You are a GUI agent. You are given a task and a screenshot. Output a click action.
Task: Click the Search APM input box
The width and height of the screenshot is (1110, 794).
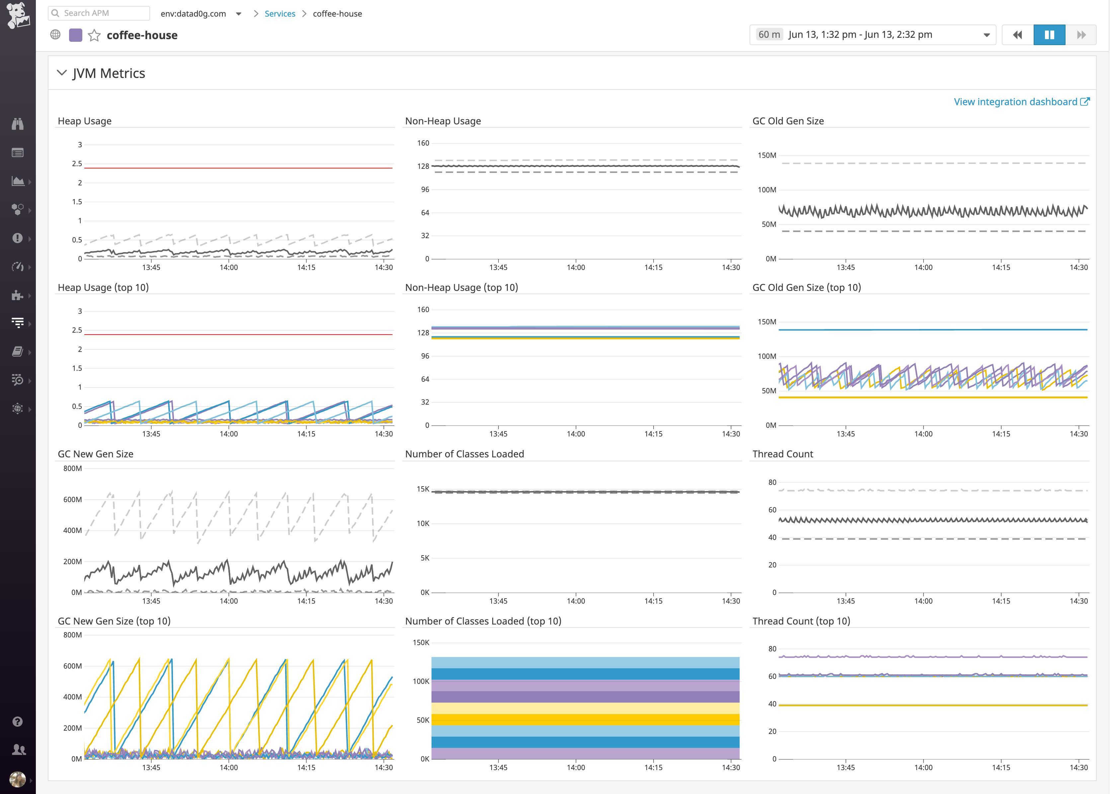click(x=99, y=13)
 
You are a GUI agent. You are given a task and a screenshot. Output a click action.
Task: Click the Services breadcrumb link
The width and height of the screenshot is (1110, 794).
click(x=280, y=14)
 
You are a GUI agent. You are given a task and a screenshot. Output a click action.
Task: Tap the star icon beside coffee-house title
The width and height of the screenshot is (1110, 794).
click(x=94, y=35)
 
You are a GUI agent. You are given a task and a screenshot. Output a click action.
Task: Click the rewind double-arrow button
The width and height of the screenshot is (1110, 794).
click(x=1017, y=35)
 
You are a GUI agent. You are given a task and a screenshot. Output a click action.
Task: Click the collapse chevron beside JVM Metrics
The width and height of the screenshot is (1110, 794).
click(x=62, y=73)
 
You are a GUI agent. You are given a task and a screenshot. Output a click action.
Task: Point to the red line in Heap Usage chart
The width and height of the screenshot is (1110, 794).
click(x=238, y=168)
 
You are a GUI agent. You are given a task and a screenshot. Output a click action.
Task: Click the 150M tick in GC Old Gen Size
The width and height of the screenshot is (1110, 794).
click(x=766, y=156)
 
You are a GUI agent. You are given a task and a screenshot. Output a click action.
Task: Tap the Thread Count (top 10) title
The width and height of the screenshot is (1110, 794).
click(x=801, y=621)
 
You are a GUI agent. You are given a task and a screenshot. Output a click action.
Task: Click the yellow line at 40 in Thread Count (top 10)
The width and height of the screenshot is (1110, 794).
click(x=932, y=705)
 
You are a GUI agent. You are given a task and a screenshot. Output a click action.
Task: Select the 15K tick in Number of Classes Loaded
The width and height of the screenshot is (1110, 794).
click(x=423, y=489)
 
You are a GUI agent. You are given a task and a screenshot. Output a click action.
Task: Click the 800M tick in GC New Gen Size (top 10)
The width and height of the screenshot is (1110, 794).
click(x=72, y=634)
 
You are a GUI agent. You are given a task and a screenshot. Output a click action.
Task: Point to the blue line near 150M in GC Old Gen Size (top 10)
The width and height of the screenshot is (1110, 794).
click(x=932, y=330)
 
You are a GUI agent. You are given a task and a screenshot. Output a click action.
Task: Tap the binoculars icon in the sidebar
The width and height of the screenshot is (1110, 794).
click(x=18, y=124)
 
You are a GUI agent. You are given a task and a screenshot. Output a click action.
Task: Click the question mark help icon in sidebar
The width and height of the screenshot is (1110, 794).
click(x=18, y=722)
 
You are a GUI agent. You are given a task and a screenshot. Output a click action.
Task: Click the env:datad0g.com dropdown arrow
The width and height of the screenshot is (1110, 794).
click(x=239, y=14)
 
